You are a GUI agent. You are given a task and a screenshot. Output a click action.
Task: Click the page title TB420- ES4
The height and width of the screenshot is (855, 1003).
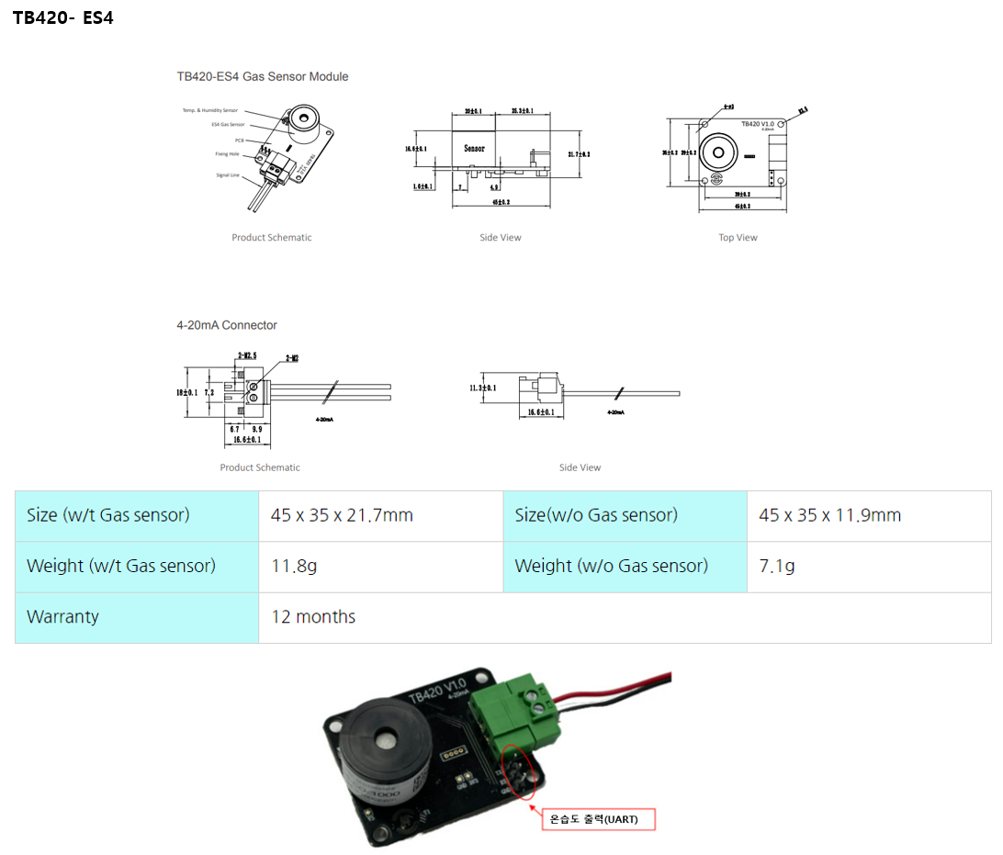[62, 17]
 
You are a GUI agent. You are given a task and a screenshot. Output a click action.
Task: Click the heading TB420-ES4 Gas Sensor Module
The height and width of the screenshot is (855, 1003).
[263, 76]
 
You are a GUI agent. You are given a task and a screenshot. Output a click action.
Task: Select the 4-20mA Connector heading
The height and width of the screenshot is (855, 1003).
[227, 325]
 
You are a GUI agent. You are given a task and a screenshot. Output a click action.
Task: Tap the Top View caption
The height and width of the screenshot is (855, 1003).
[738, 238]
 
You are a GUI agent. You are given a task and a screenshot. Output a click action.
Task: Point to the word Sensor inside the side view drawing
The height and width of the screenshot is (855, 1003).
[474, 148]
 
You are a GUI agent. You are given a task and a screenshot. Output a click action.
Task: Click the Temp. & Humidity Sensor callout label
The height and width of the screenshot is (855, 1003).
[210, 110]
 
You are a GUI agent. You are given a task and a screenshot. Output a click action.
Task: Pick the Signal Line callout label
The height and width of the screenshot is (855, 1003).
[228, 174]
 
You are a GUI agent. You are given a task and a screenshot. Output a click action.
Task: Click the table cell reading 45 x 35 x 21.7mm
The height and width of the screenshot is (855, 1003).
[342, 515]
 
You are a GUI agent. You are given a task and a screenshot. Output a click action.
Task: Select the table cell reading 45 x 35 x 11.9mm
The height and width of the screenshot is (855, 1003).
[829, 515]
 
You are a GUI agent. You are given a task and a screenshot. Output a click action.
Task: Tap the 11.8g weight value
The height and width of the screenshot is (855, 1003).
[294, 566]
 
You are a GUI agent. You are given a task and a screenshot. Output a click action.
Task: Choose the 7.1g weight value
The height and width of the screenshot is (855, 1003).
[777, 566]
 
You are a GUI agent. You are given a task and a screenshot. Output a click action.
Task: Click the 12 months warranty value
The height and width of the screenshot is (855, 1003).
[313, 617]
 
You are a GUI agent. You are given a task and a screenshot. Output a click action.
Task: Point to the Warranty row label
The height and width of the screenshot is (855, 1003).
[62, 617]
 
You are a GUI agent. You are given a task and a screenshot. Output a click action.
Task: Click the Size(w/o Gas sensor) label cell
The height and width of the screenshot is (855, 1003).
[596, 515]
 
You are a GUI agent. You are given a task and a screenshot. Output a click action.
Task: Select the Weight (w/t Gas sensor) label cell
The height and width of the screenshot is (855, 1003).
[121, 566]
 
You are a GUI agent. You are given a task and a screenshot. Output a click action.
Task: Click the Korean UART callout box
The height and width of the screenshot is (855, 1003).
[598, 818]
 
